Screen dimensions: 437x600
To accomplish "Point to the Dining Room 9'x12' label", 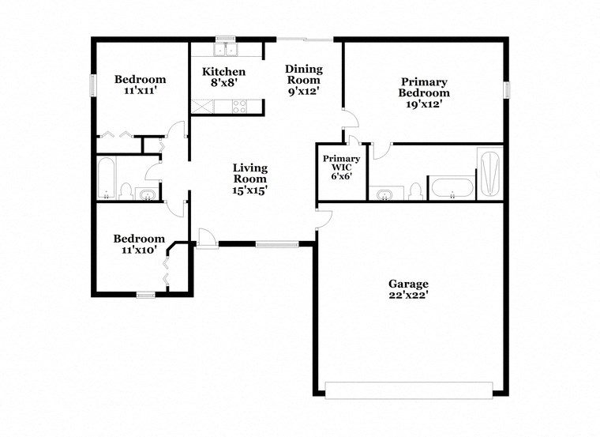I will click(303, 80).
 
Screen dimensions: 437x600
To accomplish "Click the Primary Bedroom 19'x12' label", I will click(424, 93).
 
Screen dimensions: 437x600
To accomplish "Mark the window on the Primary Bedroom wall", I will click(506, 90).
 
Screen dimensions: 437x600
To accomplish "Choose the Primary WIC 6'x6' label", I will click(342, 168).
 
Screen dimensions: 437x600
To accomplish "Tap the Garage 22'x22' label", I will click(408, 290).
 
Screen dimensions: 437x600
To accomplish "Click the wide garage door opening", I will click(409, 390).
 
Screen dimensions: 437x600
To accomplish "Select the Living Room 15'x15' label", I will click(249, 179).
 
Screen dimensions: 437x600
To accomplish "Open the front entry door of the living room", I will click(204, 238).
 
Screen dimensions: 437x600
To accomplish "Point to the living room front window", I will click(277, 244).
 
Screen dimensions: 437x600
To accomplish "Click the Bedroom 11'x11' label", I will click(141, 85).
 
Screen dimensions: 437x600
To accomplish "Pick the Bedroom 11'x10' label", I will click(139, 244).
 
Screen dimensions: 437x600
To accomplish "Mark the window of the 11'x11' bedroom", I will click(93, 85).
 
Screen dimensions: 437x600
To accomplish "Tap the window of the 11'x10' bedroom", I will click(145, 295).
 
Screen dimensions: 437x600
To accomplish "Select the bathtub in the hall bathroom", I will click(107, 179).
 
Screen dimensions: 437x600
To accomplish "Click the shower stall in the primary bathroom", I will click(489, 173).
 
